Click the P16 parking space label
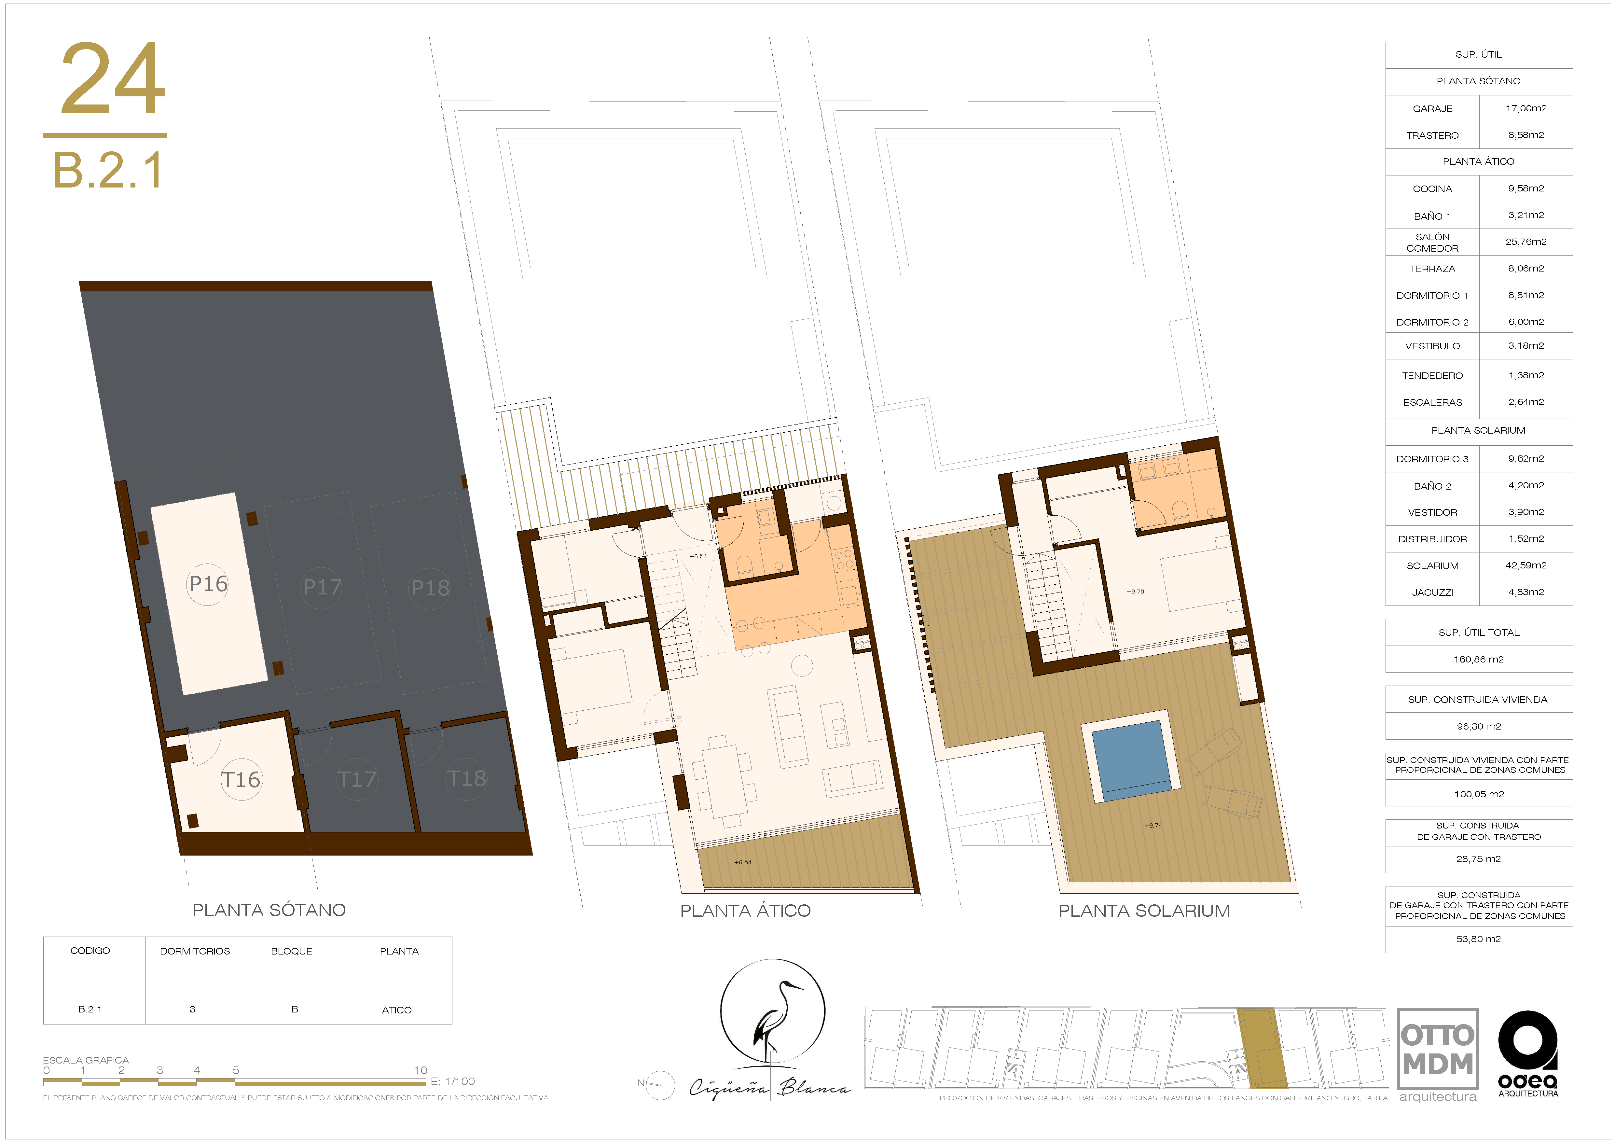208,583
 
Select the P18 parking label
430,588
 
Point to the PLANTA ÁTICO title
745,911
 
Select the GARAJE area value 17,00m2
1526,108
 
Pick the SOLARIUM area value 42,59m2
1526,566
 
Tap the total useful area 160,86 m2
1479,659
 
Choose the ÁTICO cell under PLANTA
397,1010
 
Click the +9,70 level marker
1135,592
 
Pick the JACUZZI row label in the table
1432,592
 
